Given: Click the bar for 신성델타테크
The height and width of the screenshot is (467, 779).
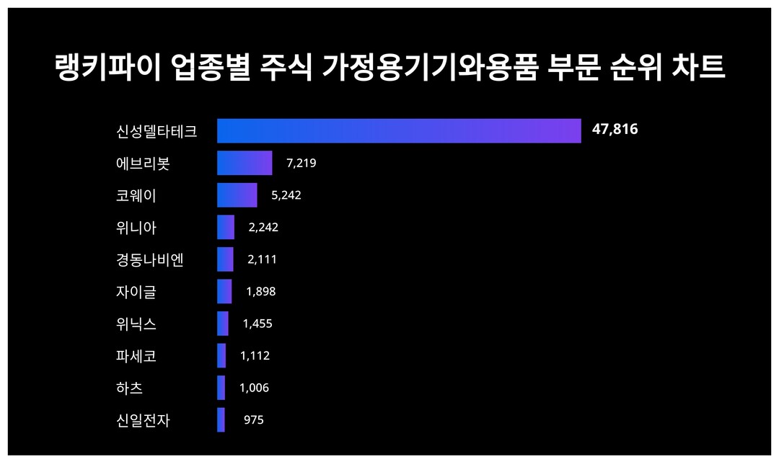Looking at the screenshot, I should (399, 130).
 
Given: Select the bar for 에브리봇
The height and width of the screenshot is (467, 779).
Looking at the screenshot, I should (245, 163).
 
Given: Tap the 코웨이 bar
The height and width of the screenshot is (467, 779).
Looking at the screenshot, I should (237, 195).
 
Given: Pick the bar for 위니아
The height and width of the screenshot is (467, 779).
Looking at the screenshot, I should (226, 227).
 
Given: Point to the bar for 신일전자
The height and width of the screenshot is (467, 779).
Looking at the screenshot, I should (221, 420).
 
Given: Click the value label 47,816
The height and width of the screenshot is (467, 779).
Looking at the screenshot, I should (615, 130).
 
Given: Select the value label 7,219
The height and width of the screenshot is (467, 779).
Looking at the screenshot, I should (301, 163).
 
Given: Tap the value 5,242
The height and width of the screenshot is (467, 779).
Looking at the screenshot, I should (286, 195).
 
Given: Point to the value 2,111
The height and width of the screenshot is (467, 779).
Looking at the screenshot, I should (262, 259).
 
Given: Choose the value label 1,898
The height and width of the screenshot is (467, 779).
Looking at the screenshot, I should (260, 292).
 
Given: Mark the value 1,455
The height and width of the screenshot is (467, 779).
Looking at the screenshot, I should (258, 324).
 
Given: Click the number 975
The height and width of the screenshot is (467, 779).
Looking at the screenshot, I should (253, 420).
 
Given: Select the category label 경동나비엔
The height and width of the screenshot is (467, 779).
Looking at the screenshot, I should (150, 259).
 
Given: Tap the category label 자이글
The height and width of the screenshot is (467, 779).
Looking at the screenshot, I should (136, 292).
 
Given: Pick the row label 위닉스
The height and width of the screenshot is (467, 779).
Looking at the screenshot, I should (136, 324).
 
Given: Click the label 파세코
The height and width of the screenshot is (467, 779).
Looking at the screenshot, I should (136, 356).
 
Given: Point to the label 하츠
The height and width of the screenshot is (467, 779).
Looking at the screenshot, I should (129, 388).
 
